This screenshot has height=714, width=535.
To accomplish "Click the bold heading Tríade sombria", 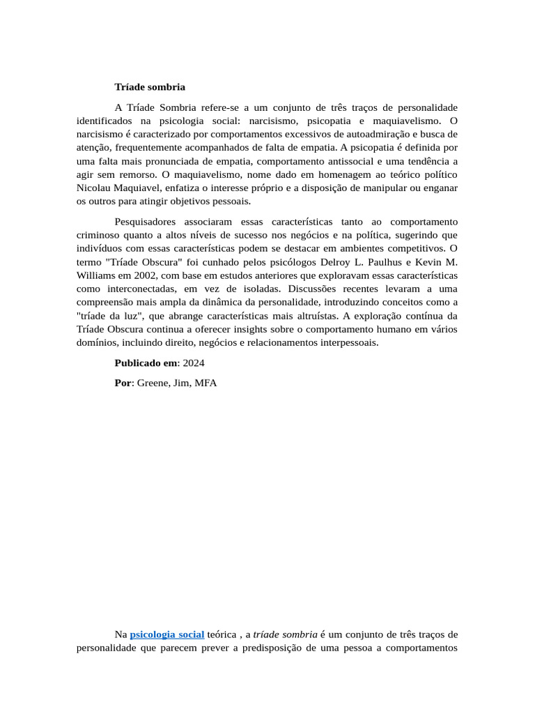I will [x=150, y=87].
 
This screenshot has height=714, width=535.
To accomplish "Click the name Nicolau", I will [x=95, y=188].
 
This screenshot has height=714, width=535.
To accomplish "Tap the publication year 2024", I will [x=194, y=363].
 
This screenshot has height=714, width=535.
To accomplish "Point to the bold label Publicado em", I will [x=146, y=363].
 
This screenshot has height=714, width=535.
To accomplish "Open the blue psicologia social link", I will [x=167, y=635].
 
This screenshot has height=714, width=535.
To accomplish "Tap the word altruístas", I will [x=336, y=315].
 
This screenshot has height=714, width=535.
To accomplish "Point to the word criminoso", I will [x=98, y=234].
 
